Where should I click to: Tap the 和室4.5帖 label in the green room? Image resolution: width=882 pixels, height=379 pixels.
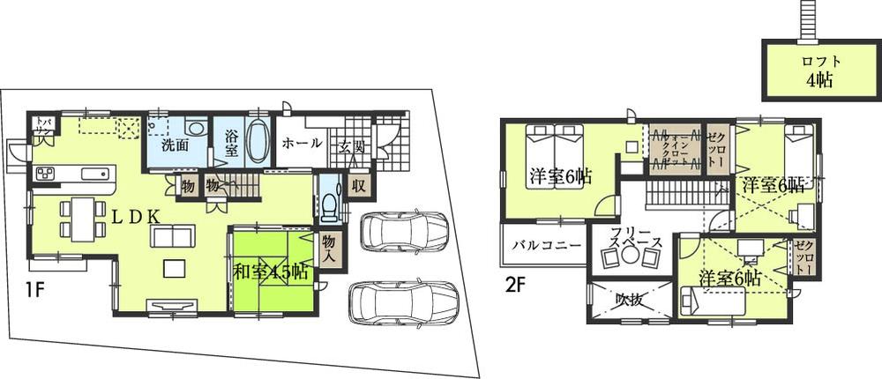271,272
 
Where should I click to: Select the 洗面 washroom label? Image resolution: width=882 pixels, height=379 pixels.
174,145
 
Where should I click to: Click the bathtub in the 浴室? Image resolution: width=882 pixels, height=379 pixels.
256,142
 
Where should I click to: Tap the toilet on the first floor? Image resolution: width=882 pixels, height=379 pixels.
329,204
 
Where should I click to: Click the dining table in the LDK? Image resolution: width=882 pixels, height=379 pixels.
79,217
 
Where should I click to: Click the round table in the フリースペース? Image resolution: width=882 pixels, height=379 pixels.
630,256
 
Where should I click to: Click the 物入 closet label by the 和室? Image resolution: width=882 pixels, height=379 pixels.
328,248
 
